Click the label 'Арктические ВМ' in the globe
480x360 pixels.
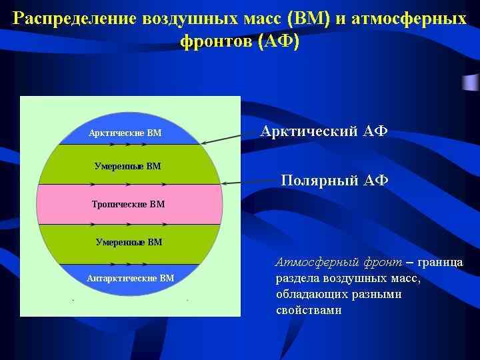(x=125, y=133)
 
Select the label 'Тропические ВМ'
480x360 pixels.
(x=127, y=204)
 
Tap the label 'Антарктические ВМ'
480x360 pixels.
(x=131, y=278)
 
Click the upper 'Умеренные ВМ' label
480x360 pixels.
(x=127, y=166)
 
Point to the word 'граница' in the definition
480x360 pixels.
(x=439, y=263)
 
